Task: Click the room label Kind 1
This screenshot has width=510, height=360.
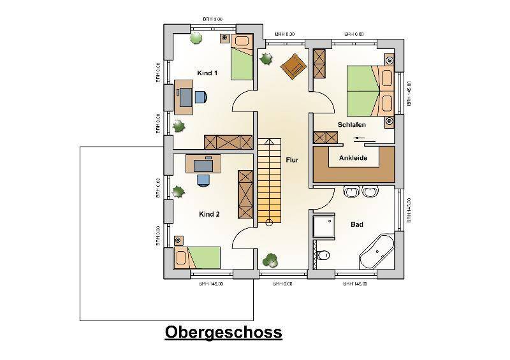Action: [x=207, y=73]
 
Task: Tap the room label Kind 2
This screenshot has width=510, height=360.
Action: [x=209, y=214]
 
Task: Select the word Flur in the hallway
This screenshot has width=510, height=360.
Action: [x=292, y=161]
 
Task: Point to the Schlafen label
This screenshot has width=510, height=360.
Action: [x=352, y=125]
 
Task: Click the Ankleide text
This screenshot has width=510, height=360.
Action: [x=353, y=158]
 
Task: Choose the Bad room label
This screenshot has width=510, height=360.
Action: [x=357, y=224]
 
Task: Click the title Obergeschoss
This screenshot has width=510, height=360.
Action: [x=223, y=332]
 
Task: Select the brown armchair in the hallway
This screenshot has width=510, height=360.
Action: [x=293, y=65]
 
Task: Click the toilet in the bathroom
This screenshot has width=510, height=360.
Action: [x=323, y=255]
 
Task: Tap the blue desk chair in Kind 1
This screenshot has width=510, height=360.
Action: [x=200, y=97]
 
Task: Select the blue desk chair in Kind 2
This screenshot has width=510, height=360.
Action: [x=203, y=179]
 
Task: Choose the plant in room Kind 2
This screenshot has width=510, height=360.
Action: [x=178, y=190]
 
